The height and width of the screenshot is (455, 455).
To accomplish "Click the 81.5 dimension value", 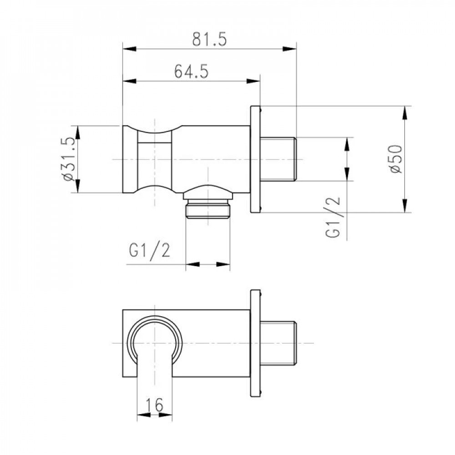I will pyautogui.click(x=210, y=40).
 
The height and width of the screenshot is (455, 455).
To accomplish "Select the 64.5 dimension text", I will pyautogui.click(x=191, y=72).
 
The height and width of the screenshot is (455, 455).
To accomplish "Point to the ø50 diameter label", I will pyautogui.click(x=396, y=158).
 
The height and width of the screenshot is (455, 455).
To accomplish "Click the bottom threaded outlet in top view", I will pyautogui.click(x=208, y=210).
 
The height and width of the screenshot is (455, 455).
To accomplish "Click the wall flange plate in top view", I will pyautogui.click(x=255, y=159).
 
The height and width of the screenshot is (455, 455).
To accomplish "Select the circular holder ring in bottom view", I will pyautogui.click(x=155, y=341).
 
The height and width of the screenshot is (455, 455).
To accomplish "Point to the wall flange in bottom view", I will pyautogui.click(x=255, y=343).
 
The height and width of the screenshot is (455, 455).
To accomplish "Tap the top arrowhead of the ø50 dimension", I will pyautogui.click(x=404, y=112).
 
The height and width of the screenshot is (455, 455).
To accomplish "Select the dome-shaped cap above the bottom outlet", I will pyautogui.click(x=208, y=190).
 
